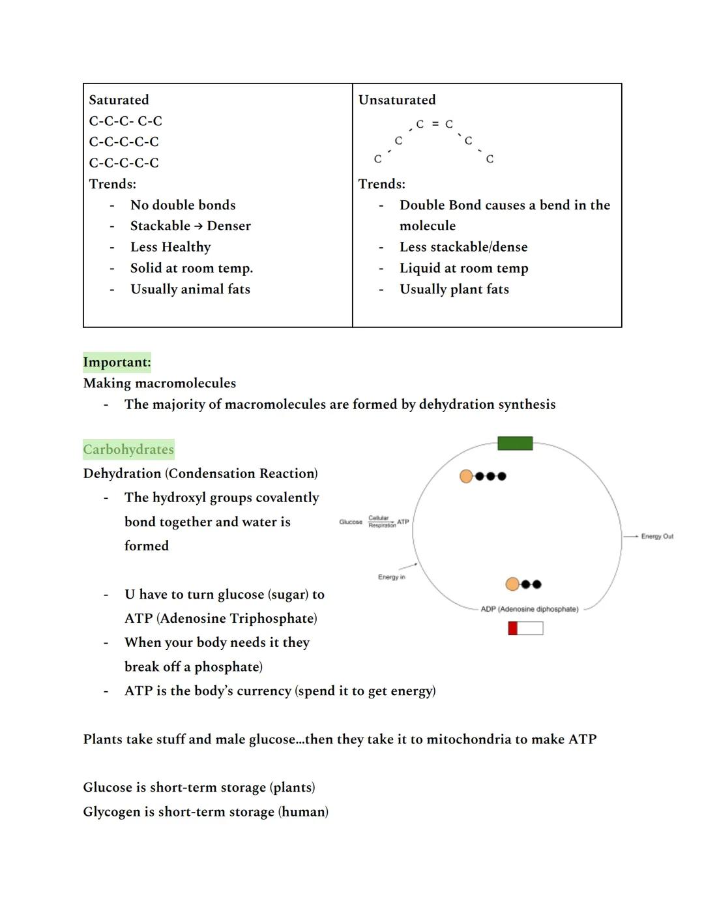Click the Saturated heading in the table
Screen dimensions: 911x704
coord(119,100)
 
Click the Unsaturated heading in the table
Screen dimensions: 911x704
coord(396,100)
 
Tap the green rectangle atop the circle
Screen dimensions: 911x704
coord(515,443)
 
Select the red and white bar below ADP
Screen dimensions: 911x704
coord(525,628)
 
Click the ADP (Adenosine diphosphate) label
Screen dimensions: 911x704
coord(529,609)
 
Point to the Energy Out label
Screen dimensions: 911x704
coord(657,536)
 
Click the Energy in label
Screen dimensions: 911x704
coord(391,577)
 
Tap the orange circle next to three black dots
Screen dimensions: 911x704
coord(466,476)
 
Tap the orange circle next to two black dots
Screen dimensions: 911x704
coord(513,584)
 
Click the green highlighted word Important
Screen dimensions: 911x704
coord(117,363)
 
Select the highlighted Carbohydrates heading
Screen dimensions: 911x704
coord(128,449)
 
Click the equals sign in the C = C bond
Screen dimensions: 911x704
coord(435,124)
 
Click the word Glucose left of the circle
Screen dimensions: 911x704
coord(351,522)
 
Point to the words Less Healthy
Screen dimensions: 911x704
coord(170,247)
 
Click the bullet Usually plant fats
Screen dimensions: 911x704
coord(454,289)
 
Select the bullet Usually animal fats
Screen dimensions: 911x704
coord(190,289)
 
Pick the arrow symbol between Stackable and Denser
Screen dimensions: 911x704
coord(198,226)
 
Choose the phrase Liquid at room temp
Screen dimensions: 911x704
coord(463,268)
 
